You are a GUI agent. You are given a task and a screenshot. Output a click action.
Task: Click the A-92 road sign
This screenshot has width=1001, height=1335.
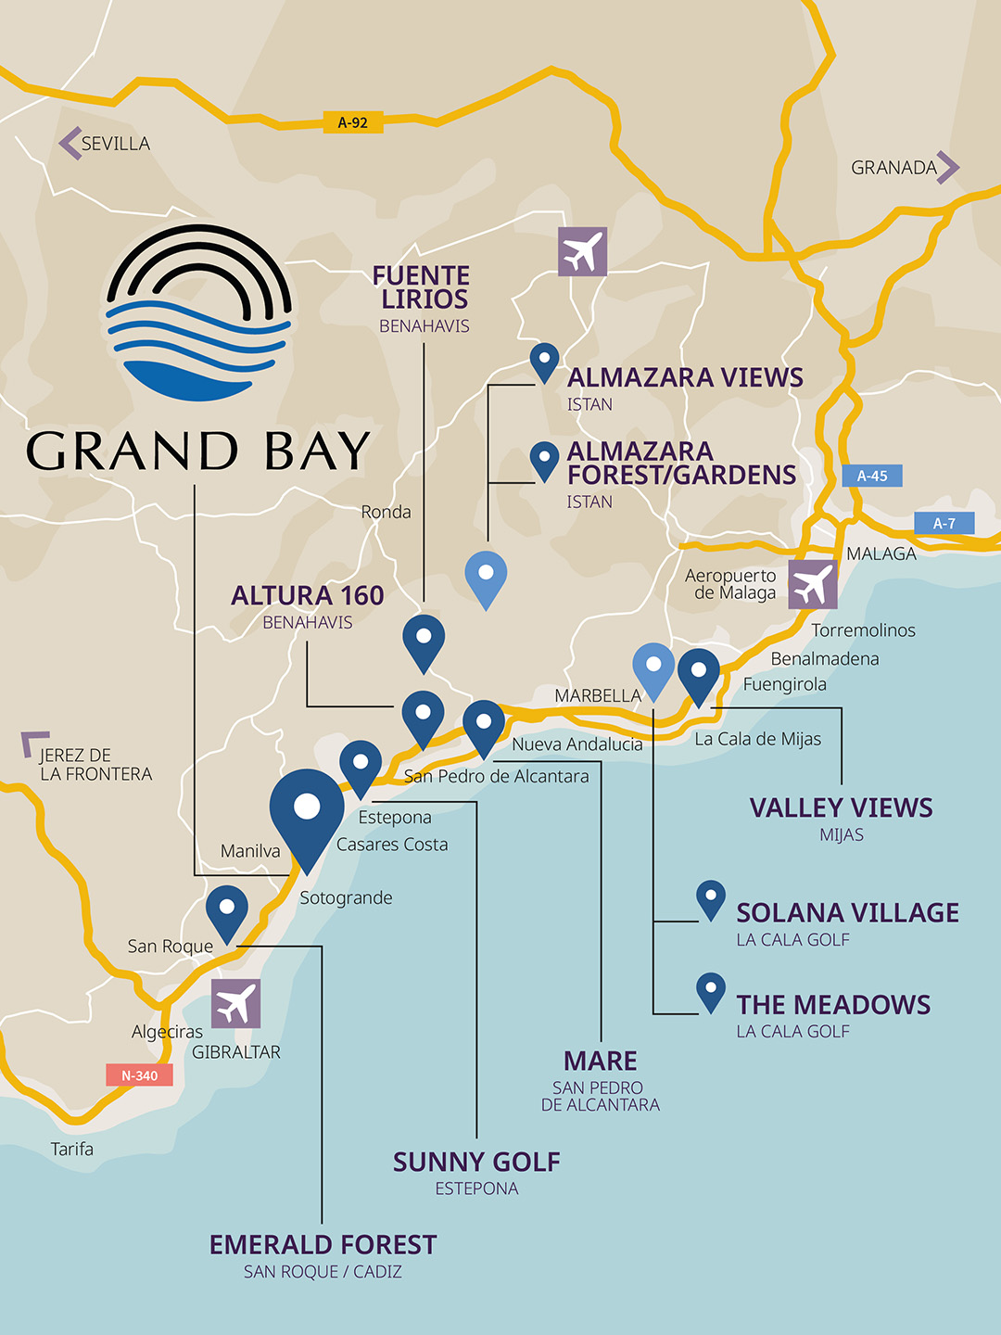tap(353, 122)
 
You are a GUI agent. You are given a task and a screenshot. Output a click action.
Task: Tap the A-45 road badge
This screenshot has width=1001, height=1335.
tap(872, 476)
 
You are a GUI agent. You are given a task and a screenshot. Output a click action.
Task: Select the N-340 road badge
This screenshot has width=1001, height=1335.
tap(139, 1075)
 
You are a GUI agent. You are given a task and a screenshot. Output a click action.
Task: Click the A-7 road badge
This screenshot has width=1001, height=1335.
tap(944, 524)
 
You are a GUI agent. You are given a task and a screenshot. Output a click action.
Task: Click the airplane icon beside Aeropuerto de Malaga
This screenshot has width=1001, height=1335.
tap(813, 584)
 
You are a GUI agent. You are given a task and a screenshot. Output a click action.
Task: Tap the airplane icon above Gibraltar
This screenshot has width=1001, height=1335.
tap(235, 1003)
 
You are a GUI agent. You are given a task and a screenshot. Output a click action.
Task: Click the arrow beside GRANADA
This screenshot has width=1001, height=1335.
tap(947, 167)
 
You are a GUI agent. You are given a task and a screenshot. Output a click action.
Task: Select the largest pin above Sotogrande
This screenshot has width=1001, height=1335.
tap(307, 811)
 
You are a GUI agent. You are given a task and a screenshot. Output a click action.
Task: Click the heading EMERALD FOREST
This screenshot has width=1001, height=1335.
tap(323, 1244)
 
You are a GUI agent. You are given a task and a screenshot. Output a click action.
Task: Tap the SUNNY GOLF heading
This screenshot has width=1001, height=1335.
tap(476, 1162)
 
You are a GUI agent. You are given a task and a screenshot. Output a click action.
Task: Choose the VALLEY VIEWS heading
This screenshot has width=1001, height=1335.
tap(841, 807)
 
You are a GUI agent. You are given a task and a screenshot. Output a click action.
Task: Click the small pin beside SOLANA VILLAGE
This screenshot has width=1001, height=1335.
tap(711, 898)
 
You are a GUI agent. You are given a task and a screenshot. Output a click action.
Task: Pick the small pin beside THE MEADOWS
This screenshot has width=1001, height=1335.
tap(711, 990)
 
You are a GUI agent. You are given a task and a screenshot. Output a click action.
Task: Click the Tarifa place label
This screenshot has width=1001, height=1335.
tap(72, 1150)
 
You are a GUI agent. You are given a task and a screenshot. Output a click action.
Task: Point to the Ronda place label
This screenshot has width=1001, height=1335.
tap(386, 512)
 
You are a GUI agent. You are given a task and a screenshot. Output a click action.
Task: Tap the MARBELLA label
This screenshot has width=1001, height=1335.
tap(598, 695)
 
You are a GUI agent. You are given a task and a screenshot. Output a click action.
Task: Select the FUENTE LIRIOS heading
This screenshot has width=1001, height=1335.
tap(422, 287)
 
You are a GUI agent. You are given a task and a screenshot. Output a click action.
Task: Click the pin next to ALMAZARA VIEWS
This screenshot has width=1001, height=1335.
tap(544, 360)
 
